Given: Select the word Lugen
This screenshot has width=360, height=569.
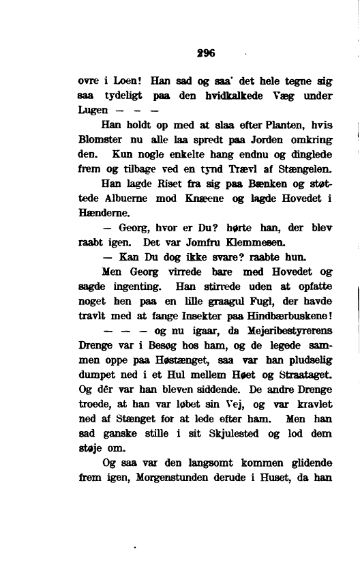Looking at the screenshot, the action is (93, 110).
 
